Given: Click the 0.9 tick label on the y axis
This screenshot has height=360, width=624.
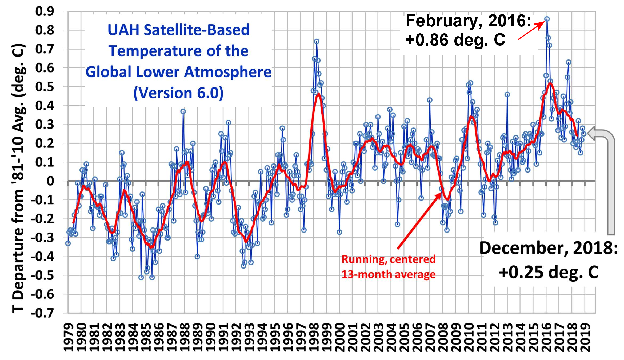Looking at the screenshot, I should click(x=45, y=11).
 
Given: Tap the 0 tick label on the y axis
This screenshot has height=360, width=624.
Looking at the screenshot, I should click(x=50, y=181).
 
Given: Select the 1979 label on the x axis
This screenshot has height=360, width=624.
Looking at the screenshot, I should click(x=69, y=338).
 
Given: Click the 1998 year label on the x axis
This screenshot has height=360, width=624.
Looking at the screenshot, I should click(x=314, y=338).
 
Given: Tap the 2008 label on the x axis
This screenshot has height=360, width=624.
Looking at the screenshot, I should click(x=443, y=338).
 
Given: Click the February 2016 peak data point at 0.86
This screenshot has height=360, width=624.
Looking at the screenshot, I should click(x=547, y=19).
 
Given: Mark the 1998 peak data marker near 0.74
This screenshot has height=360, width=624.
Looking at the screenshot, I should click(x=317, y=41).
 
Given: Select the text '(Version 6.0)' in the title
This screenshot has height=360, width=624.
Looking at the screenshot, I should click(x=178, y=93).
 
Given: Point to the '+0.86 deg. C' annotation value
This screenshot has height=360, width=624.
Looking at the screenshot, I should click(x=455, y=40).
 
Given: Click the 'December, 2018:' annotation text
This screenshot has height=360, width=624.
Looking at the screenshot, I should click(x=548, y=248).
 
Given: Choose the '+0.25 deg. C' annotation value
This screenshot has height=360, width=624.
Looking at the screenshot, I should click(x=548, y=272).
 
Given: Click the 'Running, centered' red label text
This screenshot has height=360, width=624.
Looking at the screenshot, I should click(x=389, y=259).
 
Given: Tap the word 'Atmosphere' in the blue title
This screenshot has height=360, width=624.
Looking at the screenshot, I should click(x=228, y=72).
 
